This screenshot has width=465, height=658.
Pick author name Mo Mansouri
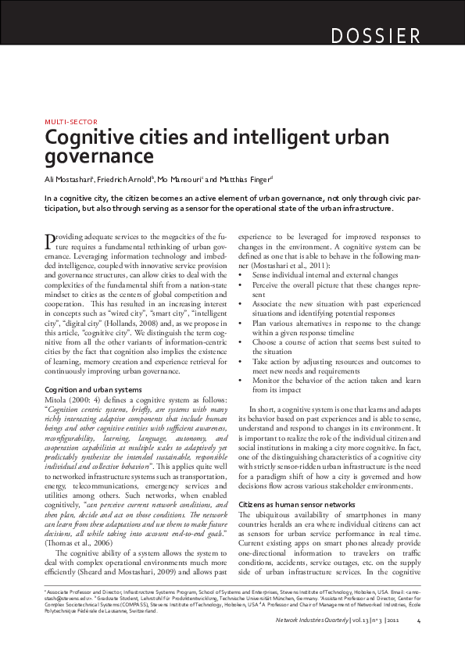point(180,179)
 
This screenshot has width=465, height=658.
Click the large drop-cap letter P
point(52,240)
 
